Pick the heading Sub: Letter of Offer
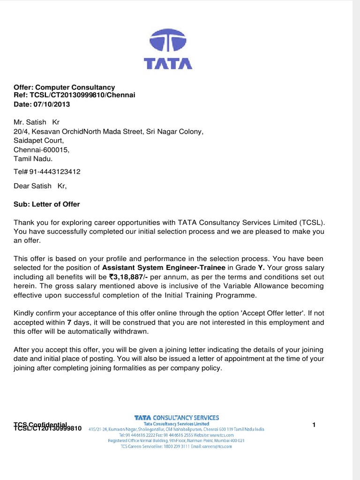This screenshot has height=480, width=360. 47,204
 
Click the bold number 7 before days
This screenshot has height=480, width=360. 69,323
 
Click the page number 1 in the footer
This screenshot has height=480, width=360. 314,425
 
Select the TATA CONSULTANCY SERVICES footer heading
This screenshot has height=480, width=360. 176,417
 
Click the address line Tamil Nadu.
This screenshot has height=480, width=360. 30,158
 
